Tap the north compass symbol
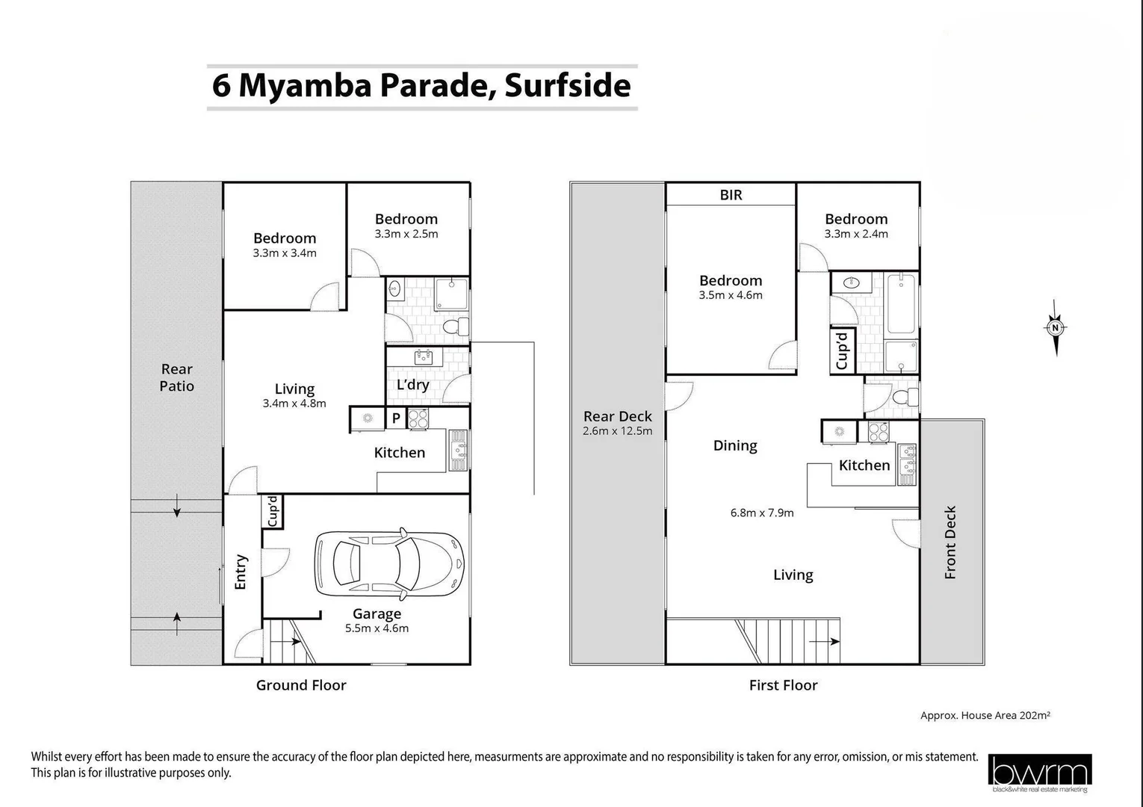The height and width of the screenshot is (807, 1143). pos(1055,327)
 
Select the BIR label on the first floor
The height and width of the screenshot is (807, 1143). pos(731,195)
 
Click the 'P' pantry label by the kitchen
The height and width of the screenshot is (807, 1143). pos(396,418)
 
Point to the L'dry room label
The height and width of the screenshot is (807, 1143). pos(412,385)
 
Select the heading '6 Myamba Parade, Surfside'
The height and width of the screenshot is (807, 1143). pos(421,85)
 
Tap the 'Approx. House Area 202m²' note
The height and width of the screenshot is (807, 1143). pos(985,715)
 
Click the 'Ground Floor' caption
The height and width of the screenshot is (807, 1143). pos(301,685)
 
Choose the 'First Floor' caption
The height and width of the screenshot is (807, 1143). pos(783,685)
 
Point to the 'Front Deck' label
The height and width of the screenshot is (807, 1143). pos(950,542)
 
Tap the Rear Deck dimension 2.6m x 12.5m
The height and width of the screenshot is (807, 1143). pos(617,431)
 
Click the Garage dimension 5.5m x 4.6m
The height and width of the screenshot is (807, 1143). pos(377,628)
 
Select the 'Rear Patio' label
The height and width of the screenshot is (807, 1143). pos(177,377)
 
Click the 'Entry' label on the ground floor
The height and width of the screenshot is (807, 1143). pos(241,572)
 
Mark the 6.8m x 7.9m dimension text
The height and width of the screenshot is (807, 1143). pos(761,513)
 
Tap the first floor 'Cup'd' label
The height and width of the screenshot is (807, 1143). pos(842,351)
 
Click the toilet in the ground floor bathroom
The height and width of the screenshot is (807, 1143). pos(453,327)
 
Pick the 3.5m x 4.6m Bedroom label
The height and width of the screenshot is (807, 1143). pos(731,287)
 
